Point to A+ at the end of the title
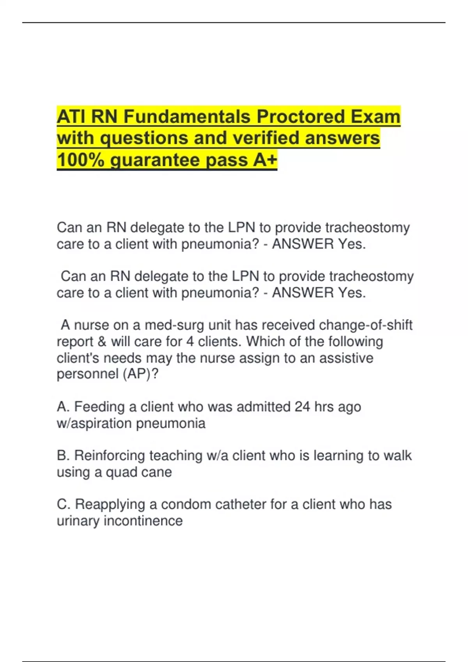pos(265,160)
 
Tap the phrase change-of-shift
pos(365,325)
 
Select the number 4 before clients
pos(190,342)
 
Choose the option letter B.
pos(63,456)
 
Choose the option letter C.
pos(63,504)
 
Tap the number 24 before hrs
pos(302,407)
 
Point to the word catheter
pos(240,504)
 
